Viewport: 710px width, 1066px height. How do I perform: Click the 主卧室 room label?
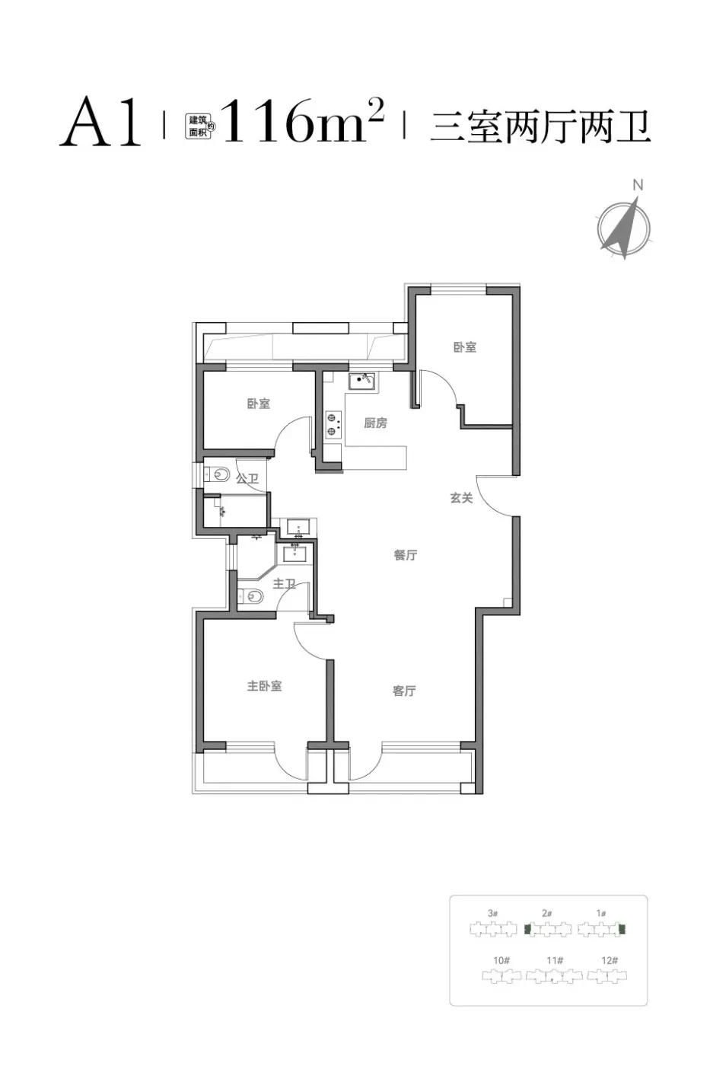tap(264, 686)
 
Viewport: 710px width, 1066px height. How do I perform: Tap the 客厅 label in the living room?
tap(404, 691)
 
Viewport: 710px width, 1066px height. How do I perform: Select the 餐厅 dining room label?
tap(405, 555)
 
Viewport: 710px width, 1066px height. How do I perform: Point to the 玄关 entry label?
tap(461, 498)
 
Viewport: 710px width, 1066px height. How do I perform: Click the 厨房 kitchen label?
tap(375, 423)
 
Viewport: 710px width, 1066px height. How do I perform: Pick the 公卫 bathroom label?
tap(247, 478)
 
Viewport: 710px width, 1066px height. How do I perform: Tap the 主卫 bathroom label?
tap(284, 583)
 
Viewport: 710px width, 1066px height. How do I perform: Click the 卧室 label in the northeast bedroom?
tap(465, 347)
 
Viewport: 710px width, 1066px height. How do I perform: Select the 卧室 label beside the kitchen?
tap(258, 404)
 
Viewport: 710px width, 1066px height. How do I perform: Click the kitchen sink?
tap(361, 381)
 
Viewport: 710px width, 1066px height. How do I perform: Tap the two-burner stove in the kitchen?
tap(333, 424)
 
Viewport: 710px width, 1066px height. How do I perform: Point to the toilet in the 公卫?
tap(217, 474)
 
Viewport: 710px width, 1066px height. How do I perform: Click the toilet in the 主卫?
tap(250, 595)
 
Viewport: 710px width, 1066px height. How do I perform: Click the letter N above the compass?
tap(638, 185)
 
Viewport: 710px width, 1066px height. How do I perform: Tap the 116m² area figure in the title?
tap(303, 121)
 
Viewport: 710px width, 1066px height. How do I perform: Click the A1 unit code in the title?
tap(101, 122)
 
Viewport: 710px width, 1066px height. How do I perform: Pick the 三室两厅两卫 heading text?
tap(540, 126)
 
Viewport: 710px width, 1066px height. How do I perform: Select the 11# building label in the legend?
tap(555, 960)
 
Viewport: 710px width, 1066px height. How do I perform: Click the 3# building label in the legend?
tap(492, 913)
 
